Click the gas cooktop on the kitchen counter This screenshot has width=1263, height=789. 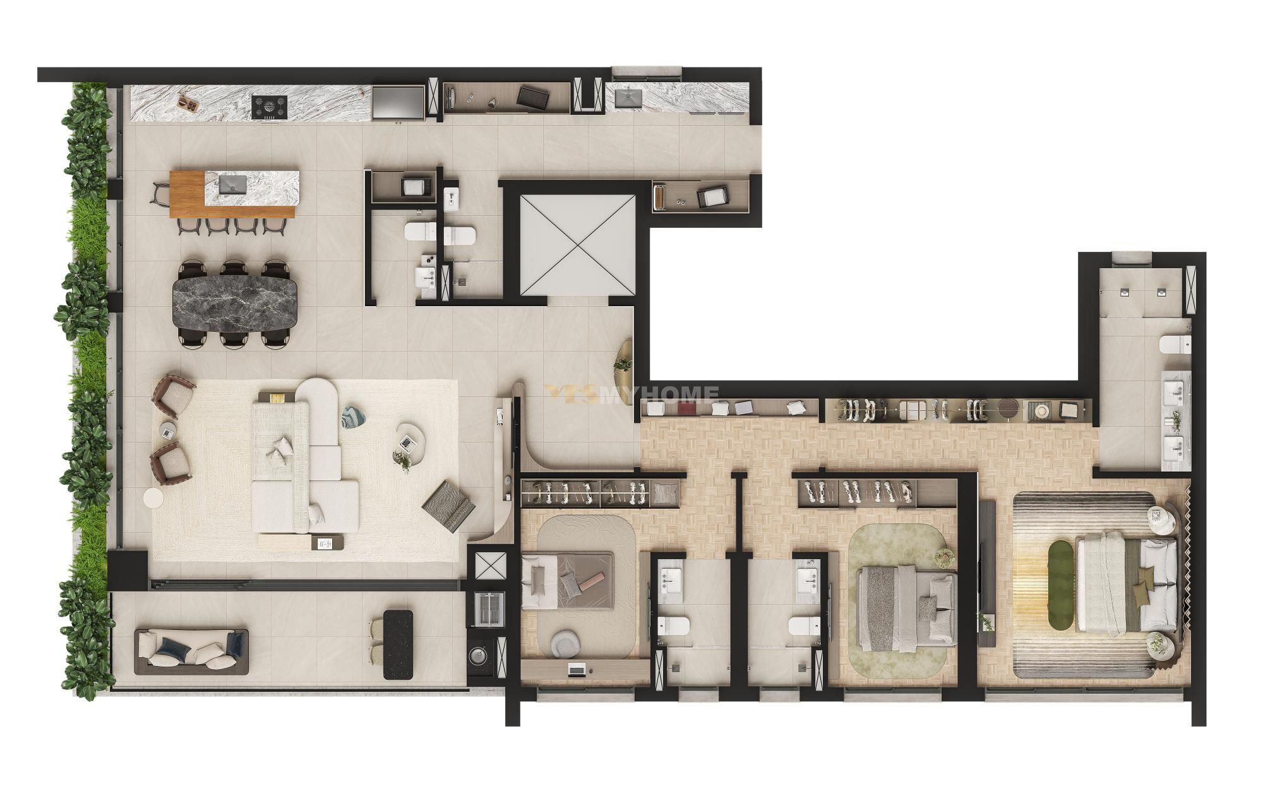[269, 106]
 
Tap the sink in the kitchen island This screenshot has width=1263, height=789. [234, 184]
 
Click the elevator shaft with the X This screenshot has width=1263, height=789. [577, 246]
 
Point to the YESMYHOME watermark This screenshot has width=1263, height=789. [631, 394]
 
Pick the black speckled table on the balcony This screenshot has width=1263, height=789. [398, 644]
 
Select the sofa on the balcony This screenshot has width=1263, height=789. [191, 651]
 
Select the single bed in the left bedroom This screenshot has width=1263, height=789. [567, 580]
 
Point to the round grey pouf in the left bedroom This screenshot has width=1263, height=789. [563, 643]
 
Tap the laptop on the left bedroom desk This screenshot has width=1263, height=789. [577, 670]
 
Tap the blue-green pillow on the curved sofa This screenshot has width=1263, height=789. [351, 417]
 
